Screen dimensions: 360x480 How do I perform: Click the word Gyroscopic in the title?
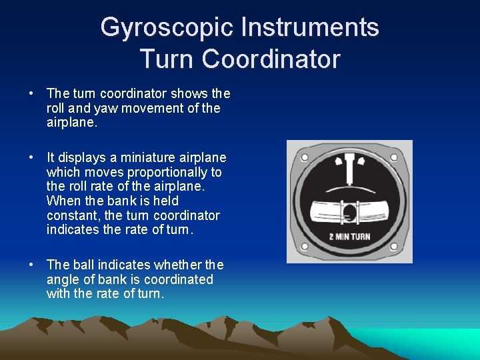pos(167,28)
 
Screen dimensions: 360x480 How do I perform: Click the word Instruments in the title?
pos(310,28)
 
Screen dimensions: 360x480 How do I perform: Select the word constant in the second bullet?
pos(72,215)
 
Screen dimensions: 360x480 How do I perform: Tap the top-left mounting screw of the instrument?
pos(304,158)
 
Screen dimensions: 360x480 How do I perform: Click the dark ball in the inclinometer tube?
pos(349,213)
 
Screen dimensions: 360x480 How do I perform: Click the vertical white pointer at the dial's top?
pos(349,170)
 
